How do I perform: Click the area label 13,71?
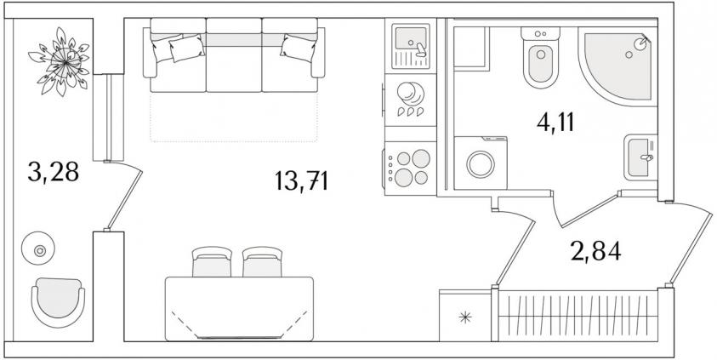pyautogui.click(x=302, y=180)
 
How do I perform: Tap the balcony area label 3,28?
pyautogui.click(x=54, y=172)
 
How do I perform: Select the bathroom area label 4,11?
pyautogui.click(x=555, y=123)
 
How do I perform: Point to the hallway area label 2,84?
pyautogui.click(x=596, y=251)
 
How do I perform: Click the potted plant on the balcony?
pyautogui.click(x=60, y=62)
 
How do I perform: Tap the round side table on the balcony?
pyautogui.click(x=38, y=249)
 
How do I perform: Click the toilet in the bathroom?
pyautogui.click(x=540, y=57)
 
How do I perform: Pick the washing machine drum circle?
pyautogui.click(x=481, y=164)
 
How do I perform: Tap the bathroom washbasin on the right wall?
pyautogui.click(x=640, y=157)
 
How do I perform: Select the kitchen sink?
pyautogui.click(x=411, y=46)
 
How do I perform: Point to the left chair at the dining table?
pyautogui.click(x=212, y=261)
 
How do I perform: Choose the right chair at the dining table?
pyautogui.click(x=262, y=261)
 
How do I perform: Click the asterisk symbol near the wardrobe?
pyautogui.click(x=465, y=317)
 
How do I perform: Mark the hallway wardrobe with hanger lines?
pyautogui.click(x=576, y=315)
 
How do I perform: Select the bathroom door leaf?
pyautogui.click(x=589, y=210)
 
